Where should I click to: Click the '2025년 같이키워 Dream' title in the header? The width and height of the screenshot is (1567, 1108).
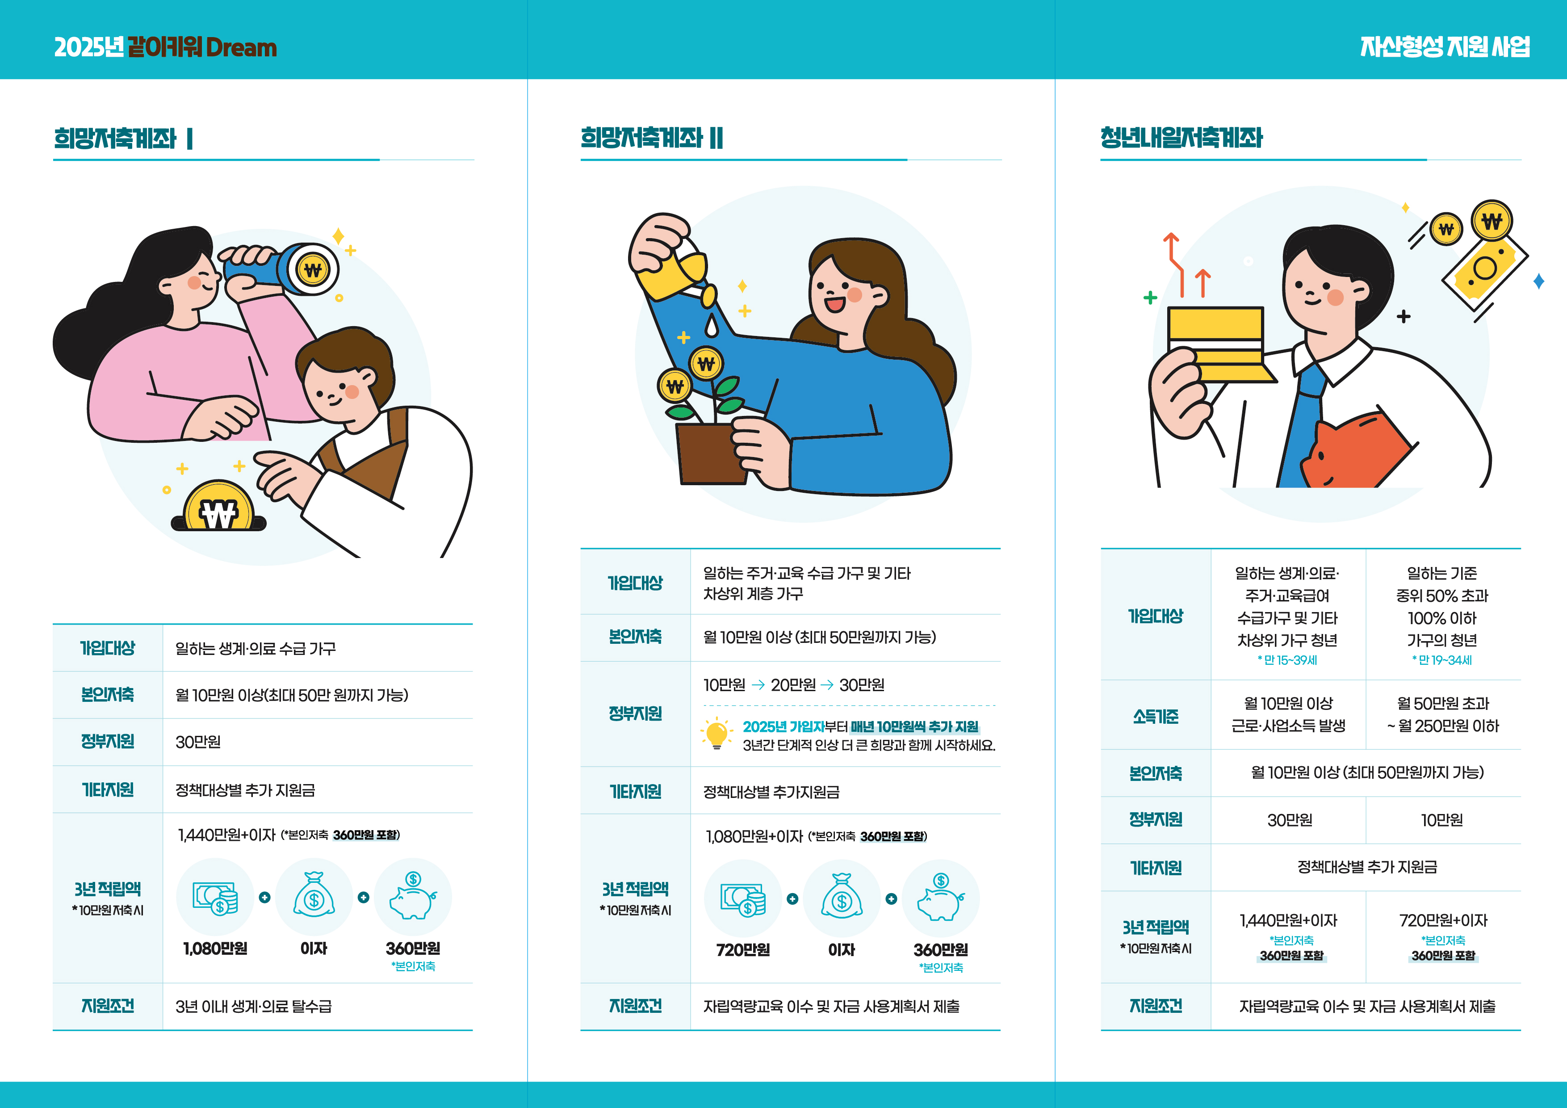pyautogui.click(x=165, y=47)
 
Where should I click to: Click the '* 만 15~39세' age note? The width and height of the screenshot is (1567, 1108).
pyautogui.click(x=1287, y=660)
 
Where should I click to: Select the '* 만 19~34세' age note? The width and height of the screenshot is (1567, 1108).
pyautogui.click(x=1442, y=660)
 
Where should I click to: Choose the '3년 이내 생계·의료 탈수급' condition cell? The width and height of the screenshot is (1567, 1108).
pyautogui.click(x=253, y=1006)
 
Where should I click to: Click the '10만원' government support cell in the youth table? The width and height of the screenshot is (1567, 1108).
pyautogui.click(x=1442, y=820)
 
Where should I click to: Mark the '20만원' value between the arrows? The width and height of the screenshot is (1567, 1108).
pyautogui.click(x=793, y=685)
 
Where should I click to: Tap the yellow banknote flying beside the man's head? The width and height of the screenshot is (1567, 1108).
pyautogui.click(x=1484, y=270)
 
